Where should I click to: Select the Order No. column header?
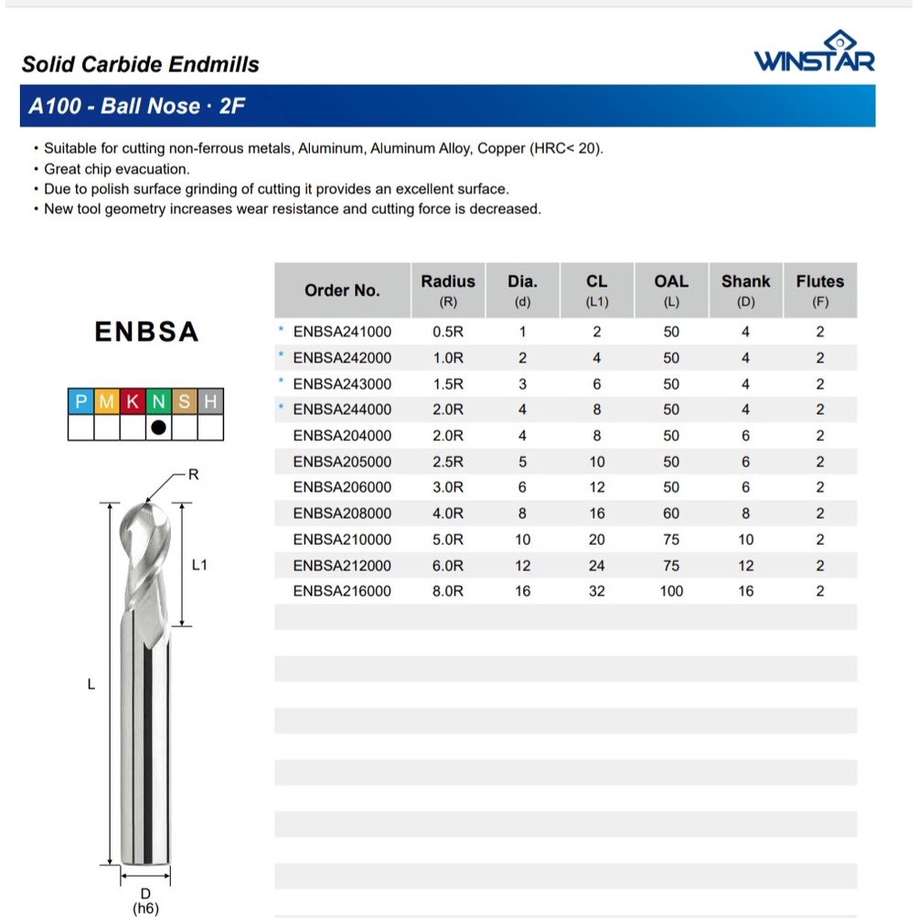(x=342, y=291)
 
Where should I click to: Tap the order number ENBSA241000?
(x=342, y=332)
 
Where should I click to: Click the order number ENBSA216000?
(x=342, y=592)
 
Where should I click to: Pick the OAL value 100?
(x=671, y=592)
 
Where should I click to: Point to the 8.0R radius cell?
(x=448, y=592)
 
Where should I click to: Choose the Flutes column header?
(x=819, y=290)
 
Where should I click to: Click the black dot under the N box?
(x=159, y=427)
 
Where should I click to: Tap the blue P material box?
(x=81, y=401)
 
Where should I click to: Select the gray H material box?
(x=211, y=401)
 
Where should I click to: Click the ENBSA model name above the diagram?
(x=146, y=332)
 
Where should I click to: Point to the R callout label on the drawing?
(x=193, y=475)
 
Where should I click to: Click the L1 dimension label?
(x=200, y=565)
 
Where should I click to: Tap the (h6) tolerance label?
(x=145, y=909)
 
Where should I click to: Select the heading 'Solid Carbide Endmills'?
(x=140, y=65)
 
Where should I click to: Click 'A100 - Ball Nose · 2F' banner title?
(x=136, y=106)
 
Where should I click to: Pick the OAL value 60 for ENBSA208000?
(x=671, y=514)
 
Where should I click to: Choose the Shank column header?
(x=745, y=290)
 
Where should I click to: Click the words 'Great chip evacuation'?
(x=116, y=169)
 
